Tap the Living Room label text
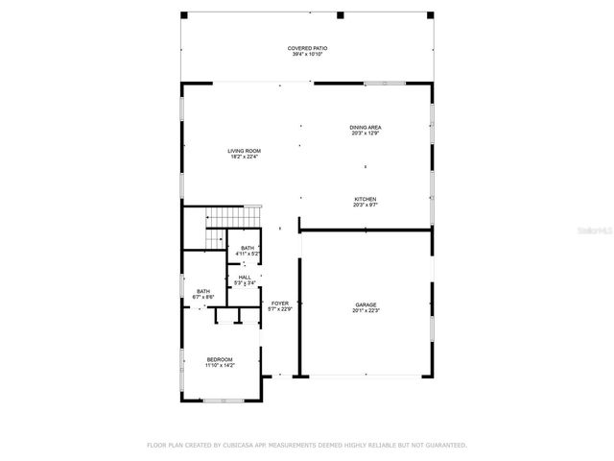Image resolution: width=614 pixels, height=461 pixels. (x=244, y=151)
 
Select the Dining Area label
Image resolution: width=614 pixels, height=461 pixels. (x=365, y=127)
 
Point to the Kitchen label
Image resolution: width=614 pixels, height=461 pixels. (x=365, y=199)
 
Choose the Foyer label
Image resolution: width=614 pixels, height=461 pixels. (x=279, y=303)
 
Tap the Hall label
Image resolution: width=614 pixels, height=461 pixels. (x=246, y=278)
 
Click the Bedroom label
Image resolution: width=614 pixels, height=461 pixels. (x=219, y=359)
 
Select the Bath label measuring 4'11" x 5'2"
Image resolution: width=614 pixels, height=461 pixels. (x=248, y=249)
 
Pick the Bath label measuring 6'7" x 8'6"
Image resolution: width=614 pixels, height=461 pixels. (x=203, y=292)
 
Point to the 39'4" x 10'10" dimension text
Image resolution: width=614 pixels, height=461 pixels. (x=308, y=55)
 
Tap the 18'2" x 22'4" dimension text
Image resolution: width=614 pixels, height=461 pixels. (x=244, y=158)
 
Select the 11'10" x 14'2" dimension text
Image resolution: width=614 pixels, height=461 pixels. (x=219, y=366)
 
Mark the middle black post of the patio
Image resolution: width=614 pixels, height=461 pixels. (x=340, y=14)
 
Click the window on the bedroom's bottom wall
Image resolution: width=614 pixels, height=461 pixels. (x=219, y=400)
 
